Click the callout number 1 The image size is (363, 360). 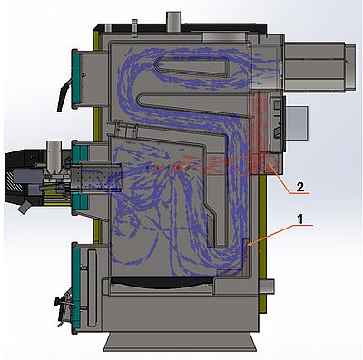pyautogui.click(x=299, y=219)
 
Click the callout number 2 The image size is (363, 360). pyautogui.click(x=299, y=188)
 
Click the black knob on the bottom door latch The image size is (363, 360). pyautogui.click(x=57, y=301)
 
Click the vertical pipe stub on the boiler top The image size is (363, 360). pyautogui.click(x=173, y=21)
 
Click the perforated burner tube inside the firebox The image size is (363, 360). pyautogui.click(x=97, y=178)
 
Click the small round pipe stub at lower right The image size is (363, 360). pyautogui.click(x=267, y=287)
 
